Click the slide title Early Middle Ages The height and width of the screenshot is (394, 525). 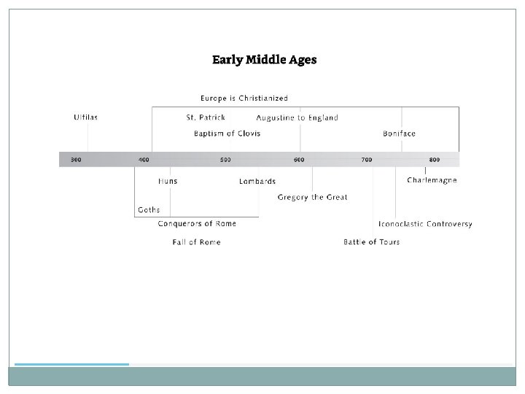pos(264,60)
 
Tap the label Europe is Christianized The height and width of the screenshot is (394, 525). pos(244,98)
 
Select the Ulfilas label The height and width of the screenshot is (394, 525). pos(85,117)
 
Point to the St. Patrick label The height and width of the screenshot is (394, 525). pos(206,117)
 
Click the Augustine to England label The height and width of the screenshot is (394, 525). pos(297,118)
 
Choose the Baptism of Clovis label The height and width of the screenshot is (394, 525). pos(227,134)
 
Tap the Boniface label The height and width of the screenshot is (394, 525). pos(399,134)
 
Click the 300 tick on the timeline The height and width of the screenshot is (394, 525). pos(76,159)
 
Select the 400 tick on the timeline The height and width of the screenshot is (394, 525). pos(144,159)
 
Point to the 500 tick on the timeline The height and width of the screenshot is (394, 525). pos(225,159)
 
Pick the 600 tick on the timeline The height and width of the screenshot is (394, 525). pos(299,159)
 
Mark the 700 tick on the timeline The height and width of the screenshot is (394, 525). pos(366,159)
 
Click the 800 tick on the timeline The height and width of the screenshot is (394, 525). pos(435,159)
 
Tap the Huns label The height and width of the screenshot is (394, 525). pos(168,181)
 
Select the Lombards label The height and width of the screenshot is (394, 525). pos(257,182)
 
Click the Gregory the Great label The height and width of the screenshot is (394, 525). pos(312,197)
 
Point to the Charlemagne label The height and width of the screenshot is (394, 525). pos(432,180)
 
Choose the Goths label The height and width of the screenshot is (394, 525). pos(149,209)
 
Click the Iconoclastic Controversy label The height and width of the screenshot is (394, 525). pos(425,224)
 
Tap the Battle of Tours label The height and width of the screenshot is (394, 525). pos(371,242)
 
